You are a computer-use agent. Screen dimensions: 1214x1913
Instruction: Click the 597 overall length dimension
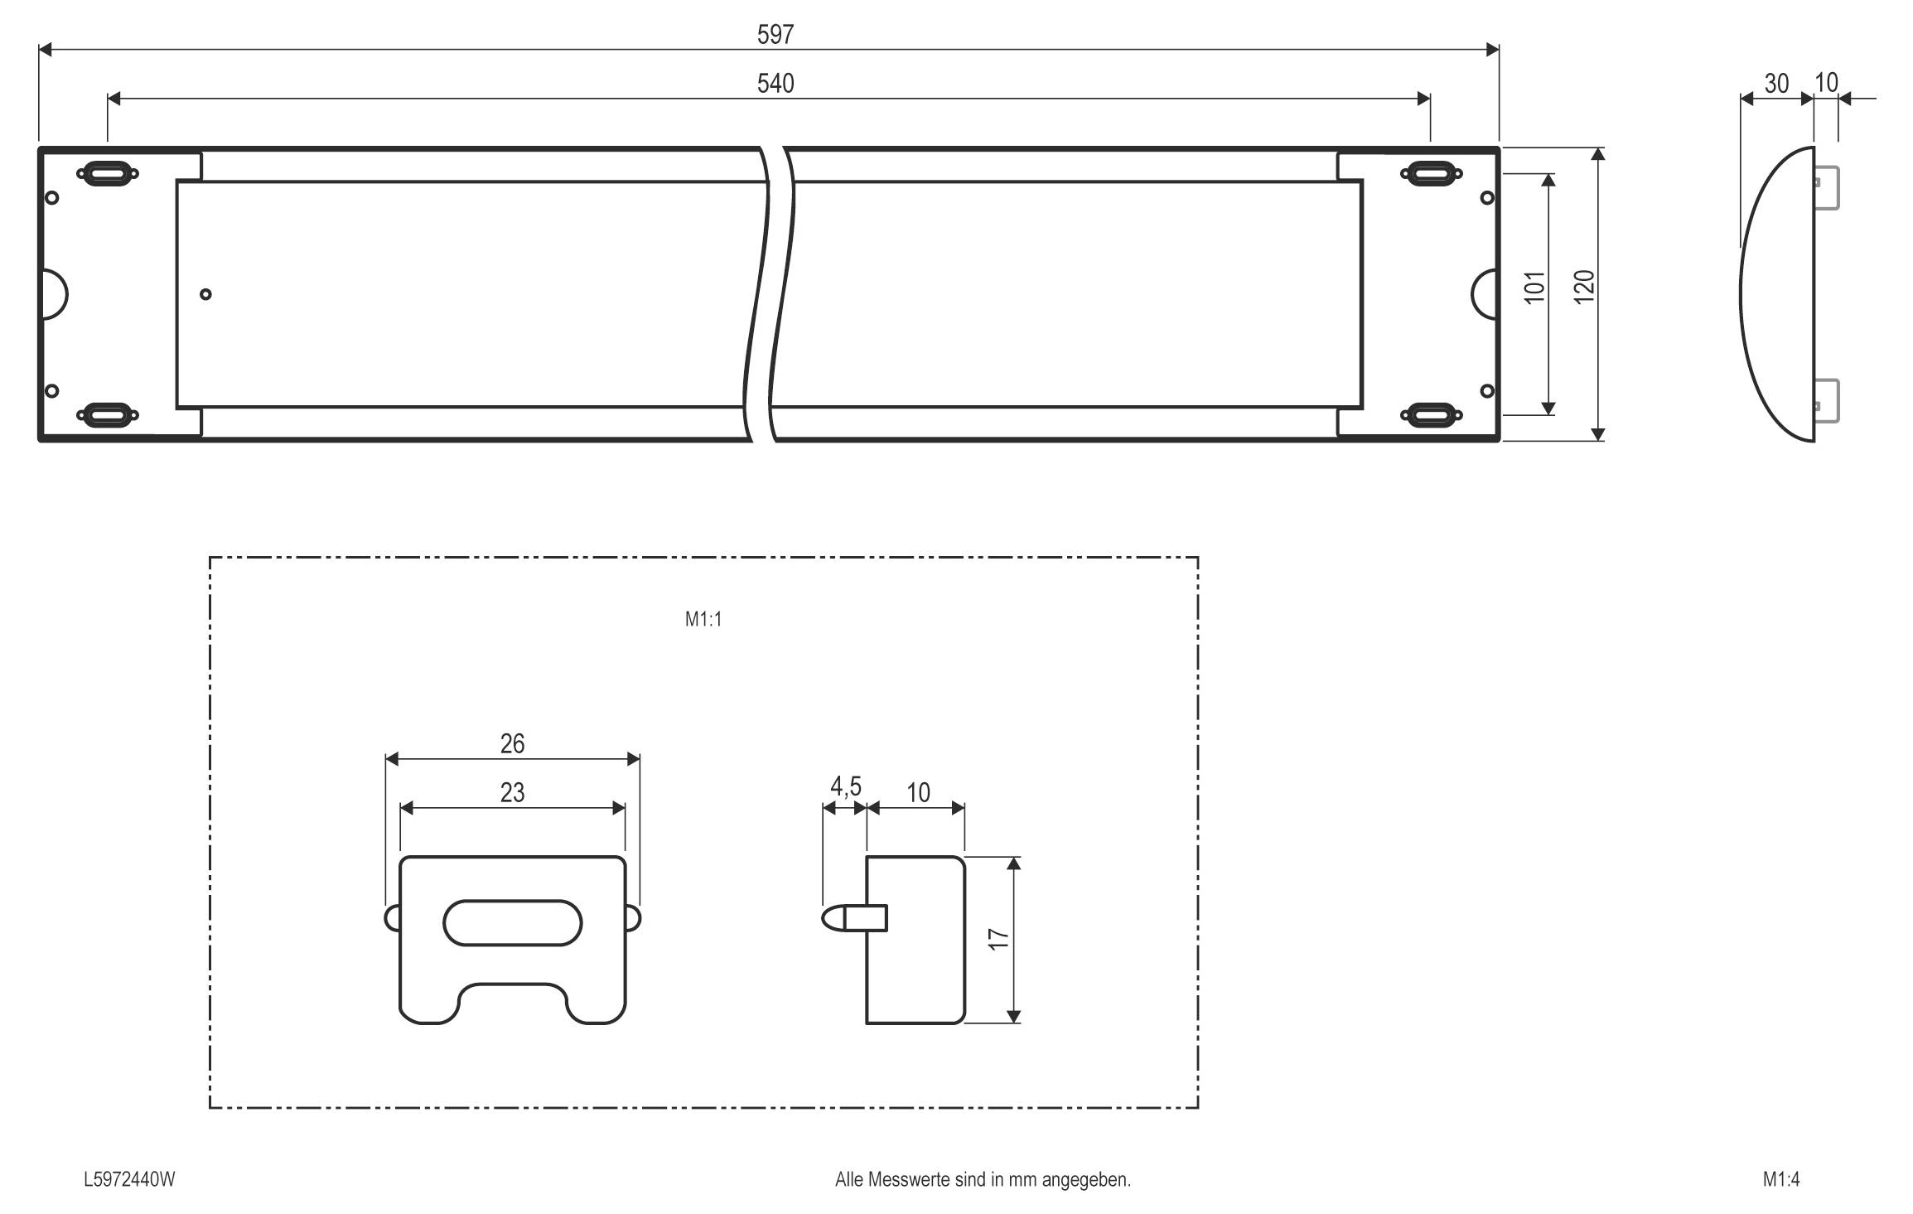coord(775,34)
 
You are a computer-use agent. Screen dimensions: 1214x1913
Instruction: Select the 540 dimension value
coord(775,84)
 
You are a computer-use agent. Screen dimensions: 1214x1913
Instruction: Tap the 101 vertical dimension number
coord(1534,287)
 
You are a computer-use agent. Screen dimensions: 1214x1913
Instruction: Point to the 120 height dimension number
coord(1583,287)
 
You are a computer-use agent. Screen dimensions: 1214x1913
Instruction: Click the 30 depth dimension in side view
coord(1776,84)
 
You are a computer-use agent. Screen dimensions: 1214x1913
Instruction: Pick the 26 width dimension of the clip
coord(512,743)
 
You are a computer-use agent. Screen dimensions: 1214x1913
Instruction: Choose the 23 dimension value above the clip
coord(512,793)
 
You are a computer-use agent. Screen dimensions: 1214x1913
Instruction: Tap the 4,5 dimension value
coord(845,786)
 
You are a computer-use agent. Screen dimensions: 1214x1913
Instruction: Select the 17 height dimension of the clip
coord(999,939)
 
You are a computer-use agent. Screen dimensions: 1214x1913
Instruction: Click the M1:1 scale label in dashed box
coord(703,620)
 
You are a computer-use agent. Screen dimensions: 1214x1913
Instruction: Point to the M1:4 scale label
coord(1781,1179)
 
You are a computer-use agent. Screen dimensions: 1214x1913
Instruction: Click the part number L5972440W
coord(129,1179)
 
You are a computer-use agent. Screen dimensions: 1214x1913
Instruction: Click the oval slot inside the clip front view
coord(512,922)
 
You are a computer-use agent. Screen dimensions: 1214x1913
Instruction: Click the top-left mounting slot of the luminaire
coord(107,174)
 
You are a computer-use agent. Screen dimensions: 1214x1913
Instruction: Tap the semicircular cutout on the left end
coord(54,294)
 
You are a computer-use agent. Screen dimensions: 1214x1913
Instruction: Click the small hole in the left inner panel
coord(205,294)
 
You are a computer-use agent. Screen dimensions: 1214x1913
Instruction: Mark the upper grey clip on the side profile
coord(1827,188)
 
